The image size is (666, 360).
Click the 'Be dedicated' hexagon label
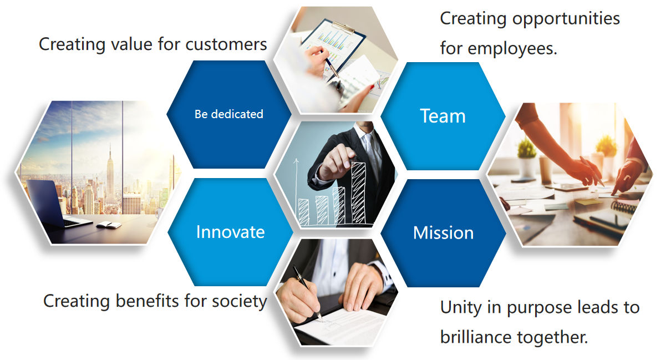[228, 114]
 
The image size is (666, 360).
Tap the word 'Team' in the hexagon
[443, 116]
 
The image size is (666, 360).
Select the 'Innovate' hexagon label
[231, 232]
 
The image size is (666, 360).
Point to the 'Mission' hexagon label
[443, 232]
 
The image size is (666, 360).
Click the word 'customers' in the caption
[226, 44]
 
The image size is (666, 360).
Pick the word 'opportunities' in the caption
[566, 19]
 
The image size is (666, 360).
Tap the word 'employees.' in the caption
[512, 49]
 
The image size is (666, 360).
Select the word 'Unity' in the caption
[461, 308]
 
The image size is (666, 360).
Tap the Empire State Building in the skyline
[110, 175]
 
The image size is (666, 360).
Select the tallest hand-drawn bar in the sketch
[359, 193]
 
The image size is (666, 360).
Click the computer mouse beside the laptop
[109, 225]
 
